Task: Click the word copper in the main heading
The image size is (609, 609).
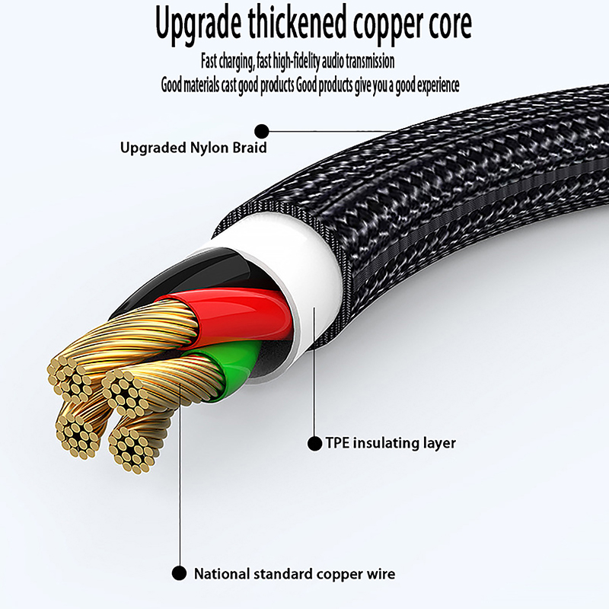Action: [x=384, y=25]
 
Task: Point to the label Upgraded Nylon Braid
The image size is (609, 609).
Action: [x=193, y=148]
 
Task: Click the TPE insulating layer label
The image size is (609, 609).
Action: [x=391, y=443]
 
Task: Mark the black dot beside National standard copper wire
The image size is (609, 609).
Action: [x=180, y=573]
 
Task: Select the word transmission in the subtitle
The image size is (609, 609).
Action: [x=368, y=60]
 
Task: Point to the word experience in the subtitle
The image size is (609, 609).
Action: [x=433, y=84]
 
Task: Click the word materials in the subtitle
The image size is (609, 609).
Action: [x=201, y=84]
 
